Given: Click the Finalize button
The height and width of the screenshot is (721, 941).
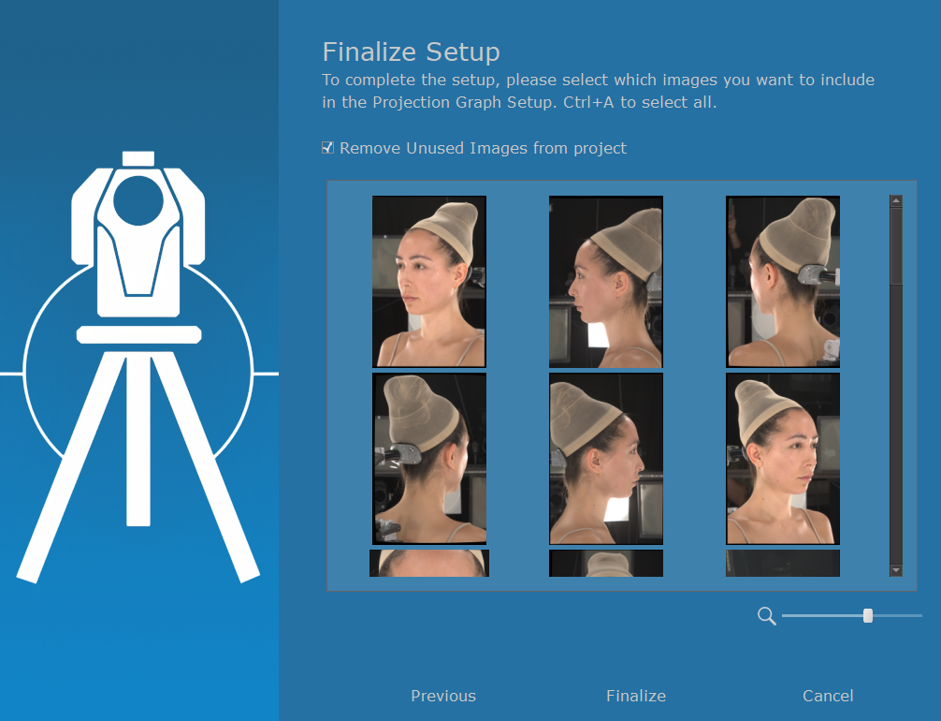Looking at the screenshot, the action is tap(635, 696).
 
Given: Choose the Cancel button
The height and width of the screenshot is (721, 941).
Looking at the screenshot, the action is tap(828, 696).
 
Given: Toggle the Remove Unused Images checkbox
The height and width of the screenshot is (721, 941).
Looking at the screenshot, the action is tap(327, 147).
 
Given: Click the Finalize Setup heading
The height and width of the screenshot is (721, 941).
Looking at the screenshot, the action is tap(411, 51).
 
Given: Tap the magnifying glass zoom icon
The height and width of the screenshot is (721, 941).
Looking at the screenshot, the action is tap(766, 616).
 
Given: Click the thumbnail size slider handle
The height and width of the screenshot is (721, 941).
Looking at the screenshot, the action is tap(868, 615).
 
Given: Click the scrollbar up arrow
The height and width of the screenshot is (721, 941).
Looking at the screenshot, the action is tap(896, 200).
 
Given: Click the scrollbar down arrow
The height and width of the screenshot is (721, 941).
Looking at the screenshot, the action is tap(896, 569).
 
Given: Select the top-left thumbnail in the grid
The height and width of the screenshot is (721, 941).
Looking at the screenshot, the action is tap(429, 281).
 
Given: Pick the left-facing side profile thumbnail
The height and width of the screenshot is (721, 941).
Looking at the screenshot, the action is tap(606, 281).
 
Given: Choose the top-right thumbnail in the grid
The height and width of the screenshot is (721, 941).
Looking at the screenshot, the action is tap(783, 281).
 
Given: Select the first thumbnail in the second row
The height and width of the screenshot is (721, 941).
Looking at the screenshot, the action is tap(429, 459).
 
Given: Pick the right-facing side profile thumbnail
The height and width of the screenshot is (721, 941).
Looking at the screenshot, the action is tap(606, 459).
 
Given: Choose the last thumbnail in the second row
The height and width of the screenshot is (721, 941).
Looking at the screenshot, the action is tap(783, 459).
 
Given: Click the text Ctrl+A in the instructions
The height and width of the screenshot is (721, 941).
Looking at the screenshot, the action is tap(588, 102).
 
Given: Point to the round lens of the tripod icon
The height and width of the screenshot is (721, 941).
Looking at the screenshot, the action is tap(138, 200).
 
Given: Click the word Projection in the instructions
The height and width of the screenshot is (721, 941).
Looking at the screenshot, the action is tap(412, 102).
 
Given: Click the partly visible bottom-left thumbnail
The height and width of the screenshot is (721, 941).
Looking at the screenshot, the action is tap(429, 563).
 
